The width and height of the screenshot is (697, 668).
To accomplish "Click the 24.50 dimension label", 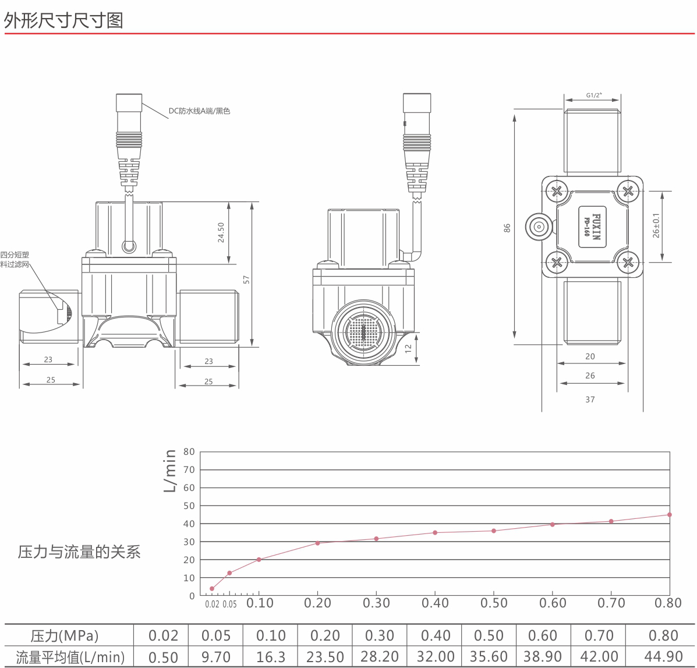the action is click(221, 232).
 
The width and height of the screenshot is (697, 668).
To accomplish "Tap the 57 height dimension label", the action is click(246, 280).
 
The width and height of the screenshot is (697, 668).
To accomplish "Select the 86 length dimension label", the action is click(507, 228).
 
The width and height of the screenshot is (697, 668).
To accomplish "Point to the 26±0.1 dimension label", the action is click(656, 225).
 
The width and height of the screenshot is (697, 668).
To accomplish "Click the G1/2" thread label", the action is click(594, 95).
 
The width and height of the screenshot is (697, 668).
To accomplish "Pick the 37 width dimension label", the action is click(590, 400).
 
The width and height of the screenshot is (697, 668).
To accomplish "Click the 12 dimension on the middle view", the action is click(409, 349).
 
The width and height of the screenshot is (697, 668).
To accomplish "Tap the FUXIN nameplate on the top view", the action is click(593, 227).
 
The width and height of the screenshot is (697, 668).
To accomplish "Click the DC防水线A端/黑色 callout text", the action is click(199, 111).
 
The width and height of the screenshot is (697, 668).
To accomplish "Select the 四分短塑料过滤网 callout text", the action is click(15, 260).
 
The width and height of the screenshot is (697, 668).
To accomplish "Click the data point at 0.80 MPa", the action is click(670, 515).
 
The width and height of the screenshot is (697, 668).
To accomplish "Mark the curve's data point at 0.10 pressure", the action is click(259, 560).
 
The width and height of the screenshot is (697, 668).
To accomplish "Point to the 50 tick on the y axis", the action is click(189, 506).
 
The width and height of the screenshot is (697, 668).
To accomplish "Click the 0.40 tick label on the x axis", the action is click(435, 603).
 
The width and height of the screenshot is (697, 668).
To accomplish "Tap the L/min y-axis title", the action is click(170, 471).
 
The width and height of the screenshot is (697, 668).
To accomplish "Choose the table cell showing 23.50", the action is click(325, 656).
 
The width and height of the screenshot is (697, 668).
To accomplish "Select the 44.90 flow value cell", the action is click(664, 656).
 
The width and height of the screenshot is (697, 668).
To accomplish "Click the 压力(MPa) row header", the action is click(65, 635).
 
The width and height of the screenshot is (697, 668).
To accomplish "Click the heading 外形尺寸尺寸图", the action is click(63, 20).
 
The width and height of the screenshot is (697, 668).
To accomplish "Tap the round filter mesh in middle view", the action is click(363, 332).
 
